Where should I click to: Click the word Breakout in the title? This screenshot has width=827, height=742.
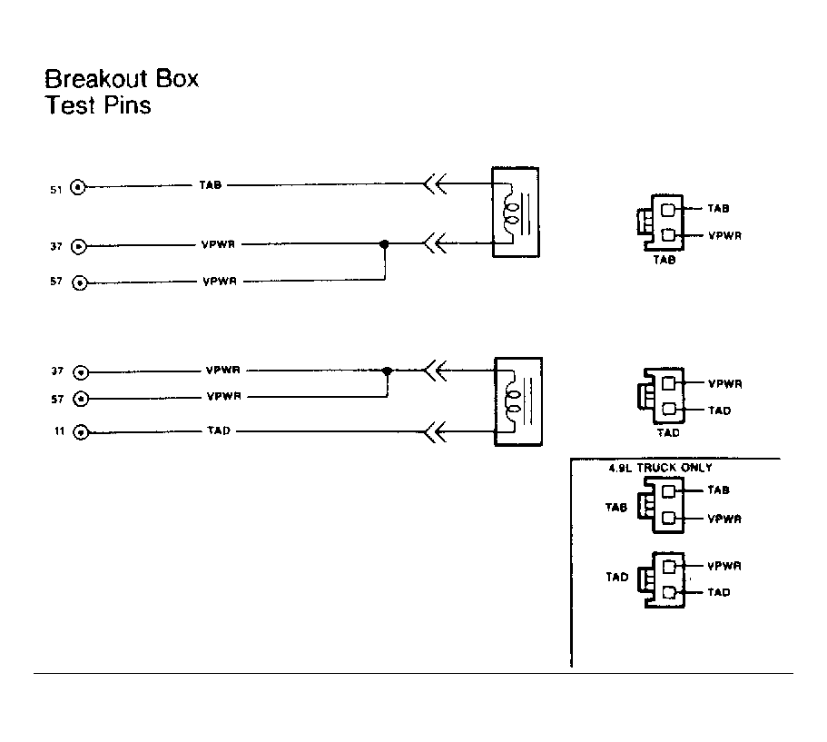pyautogui.click(x=96, y=79)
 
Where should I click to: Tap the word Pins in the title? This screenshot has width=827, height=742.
pyautogui.click(x=127, y=104)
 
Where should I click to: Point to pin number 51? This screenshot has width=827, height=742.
pyautogui.click(x=56, y=190)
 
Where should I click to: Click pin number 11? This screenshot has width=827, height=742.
pyautogui.click(x=59, y=431)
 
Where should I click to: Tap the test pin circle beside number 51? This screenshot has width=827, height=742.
pyautogui.click(x=78, y=187)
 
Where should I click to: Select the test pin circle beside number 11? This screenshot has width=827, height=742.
pyautogui.click(x=81, y=432)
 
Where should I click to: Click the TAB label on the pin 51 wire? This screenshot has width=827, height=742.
pyautogui.click(x=210, y=184)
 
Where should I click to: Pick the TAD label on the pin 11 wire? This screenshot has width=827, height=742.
pyautogui.click(x=219, y=430)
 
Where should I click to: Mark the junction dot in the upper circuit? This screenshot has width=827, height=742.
pyautogui.click(x=385, y=244)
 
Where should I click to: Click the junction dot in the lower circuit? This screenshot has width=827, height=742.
pyautogui.click(x=387, y=371)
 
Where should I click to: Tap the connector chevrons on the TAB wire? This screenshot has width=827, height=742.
pyautogui.click(x=435, y=183)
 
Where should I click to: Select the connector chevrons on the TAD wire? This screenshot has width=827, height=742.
pyautogui.click(x=435, y=431)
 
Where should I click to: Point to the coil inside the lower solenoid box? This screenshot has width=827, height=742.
pyautogui.click(x=513, y=401)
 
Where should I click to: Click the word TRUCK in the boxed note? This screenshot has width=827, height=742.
pyautogui.click(x=656, y=468)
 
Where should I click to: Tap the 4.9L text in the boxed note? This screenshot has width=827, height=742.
pyautogui.click(x=621, y=468)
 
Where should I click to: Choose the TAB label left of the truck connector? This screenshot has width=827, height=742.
pyautogui.click(x=616, y=507)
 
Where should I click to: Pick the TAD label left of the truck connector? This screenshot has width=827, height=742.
pyautogui.click(x=617, y=577)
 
